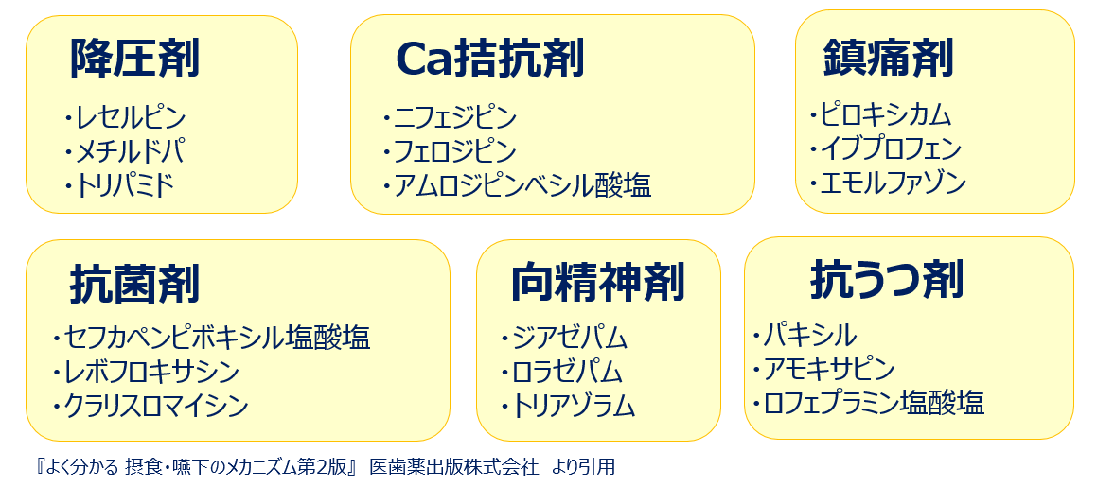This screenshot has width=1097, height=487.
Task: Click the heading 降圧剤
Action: pyautogui.click(x=134, y=58)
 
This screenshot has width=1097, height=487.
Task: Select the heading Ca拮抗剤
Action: pyautogui.click(x=489, y=58)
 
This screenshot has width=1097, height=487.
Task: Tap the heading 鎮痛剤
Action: pyautogui.click(x=888, y=58)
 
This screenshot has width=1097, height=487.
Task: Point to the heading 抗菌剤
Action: pyautogui.click(x=134, y=285)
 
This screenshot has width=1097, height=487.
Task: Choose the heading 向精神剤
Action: pyautogui.click(x=598, y=283)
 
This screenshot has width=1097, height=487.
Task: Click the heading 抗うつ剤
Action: pyautogui.click(x=887, y=280)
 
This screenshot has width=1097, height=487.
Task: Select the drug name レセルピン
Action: pyautogui.click(x=131, y=116)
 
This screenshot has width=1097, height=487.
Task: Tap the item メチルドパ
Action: pyautogui.click(x=131, y=151)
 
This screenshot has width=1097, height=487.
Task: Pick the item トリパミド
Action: pyautogui.click(x=125, y=185)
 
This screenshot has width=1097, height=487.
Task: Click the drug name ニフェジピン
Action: pyautogui.click(x=454, y=116)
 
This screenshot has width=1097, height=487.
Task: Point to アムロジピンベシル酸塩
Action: pyautogui.click(x=522, y=185)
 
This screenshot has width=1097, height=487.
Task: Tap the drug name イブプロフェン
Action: pyautogui.click(x=892, y=148)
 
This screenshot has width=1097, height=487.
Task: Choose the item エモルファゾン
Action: pyautogui.click(x=894, y=183)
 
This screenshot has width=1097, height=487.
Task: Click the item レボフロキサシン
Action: pyautogui.click(x=151, y=372)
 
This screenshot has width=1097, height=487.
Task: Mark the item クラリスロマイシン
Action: pyautogui.click(x=156, y=406)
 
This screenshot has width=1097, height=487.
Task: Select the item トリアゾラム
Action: pyautogui.click(x=574, y=408)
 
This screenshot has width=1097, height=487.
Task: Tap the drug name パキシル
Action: pyautogui.click(x=810, y=336)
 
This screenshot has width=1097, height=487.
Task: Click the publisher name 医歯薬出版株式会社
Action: pyautogui.click(x=454, y=467)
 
